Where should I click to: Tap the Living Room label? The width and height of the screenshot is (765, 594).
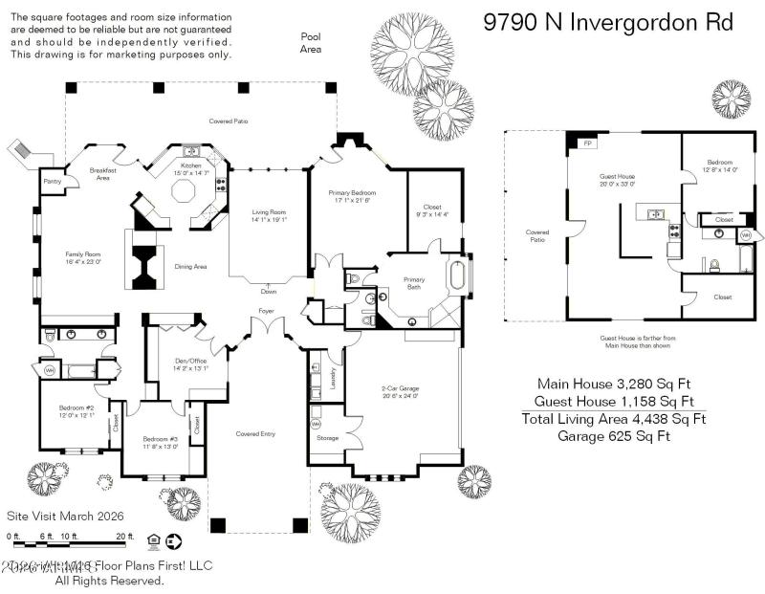tap(269, 215)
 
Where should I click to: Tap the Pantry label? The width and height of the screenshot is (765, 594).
tap(54, 180)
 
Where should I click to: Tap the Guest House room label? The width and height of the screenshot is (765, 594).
tap(617, 179)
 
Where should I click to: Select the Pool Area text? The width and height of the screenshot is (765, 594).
tap(311, 42)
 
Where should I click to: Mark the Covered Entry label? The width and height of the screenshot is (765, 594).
tap(255, 434)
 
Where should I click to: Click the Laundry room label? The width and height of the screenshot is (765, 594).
tap(333, 382)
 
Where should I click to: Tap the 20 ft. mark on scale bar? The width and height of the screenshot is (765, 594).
tap(124, 537)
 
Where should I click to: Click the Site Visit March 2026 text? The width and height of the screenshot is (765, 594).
tap(66, 516)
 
